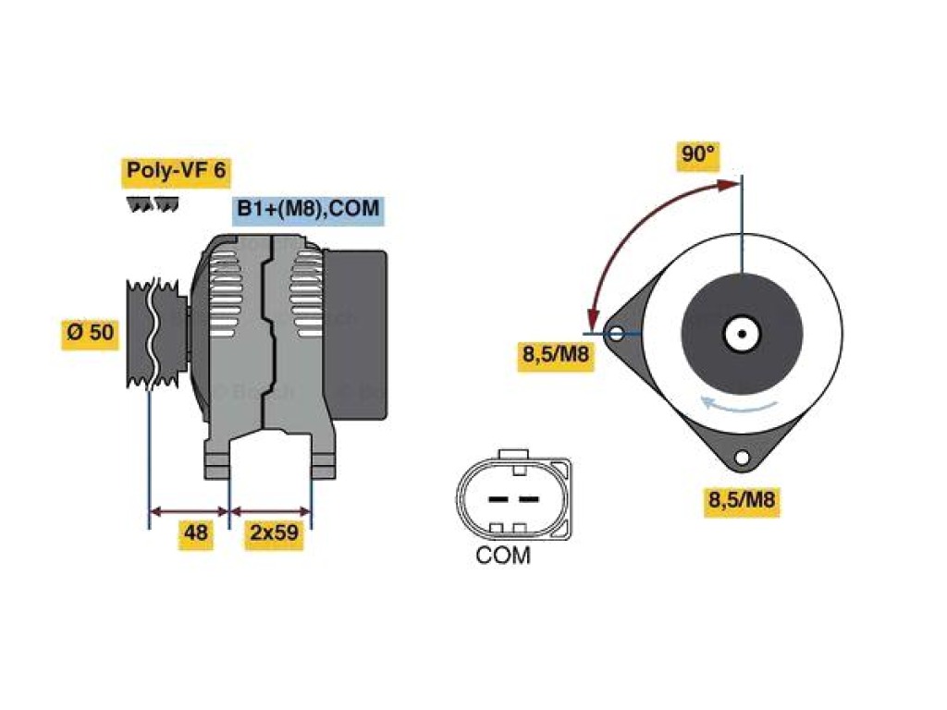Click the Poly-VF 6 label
coord(176,171)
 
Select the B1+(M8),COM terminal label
coord(308,209)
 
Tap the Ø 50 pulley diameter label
coord(91,332)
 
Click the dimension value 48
coord(196,533)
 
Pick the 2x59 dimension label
coord(274,533)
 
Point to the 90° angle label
coord(698,154)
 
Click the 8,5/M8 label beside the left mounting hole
coord(556,354)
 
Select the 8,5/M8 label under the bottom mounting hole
coord(742,500)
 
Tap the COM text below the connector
coord(503,556)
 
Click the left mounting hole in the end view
coord(616,333)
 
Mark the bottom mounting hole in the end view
coord(743,458)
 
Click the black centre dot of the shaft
coord(743,333)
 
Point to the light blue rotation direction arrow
coord(738,405)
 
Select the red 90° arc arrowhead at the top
coord(729,184)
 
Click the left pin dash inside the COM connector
coord(498,499)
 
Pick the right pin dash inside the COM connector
coord(529,499)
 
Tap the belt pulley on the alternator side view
coord(155,332)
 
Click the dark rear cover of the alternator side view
coord(355,334)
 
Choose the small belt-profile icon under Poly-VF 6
coord(153,204)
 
